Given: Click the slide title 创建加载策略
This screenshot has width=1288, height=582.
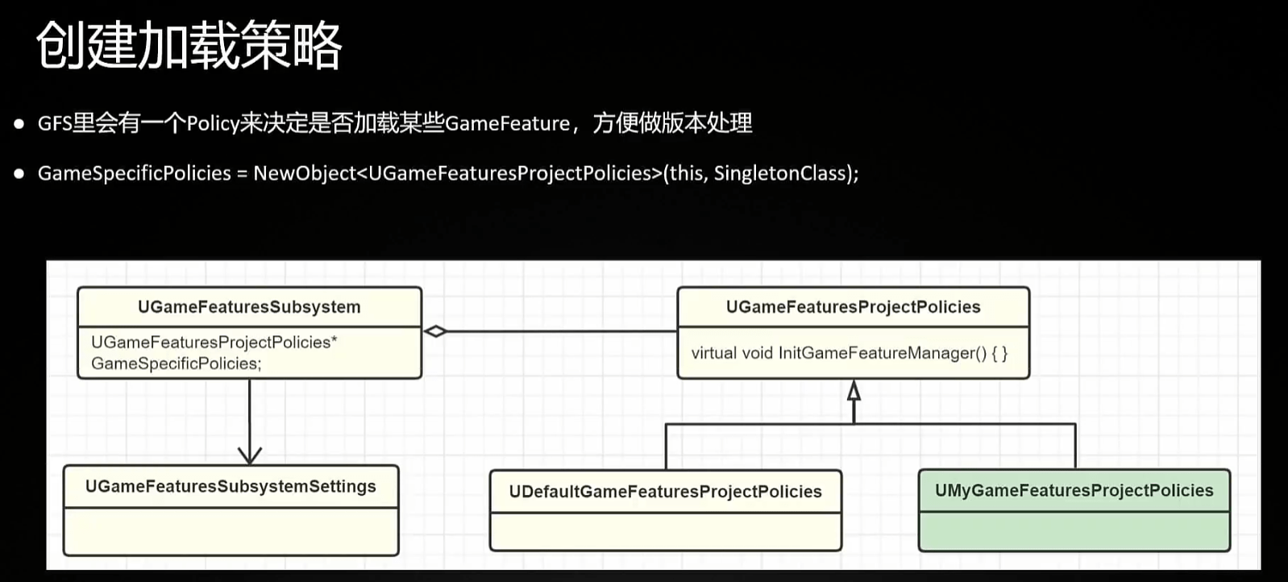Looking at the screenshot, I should [x=189, y=46].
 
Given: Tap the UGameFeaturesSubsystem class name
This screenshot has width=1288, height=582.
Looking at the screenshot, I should [x=249, y=307].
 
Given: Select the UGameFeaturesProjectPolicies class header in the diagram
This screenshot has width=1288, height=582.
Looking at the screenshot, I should [x=853, y=307].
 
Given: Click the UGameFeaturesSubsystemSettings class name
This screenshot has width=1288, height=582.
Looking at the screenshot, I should [x=231, y=487].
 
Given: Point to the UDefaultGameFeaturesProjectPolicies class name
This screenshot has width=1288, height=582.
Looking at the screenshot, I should [x=665, y=492].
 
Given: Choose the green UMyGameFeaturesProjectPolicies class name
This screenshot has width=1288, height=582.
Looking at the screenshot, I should [x=1074, y=491].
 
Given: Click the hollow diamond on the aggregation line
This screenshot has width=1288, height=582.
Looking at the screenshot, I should [x=435, y=331].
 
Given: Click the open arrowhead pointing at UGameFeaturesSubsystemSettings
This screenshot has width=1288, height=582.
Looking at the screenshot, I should [x=250, y=455].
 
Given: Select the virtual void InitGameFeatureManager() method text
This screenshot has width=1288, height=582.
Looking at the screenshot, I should [x=849, y=353].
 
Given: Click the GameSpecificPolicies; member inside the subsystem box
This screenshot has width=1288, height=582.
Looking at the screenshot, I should [x=176, y=364].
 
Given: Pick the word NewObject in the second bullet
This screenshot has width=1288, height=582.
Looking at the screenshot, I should [x=304, y=173].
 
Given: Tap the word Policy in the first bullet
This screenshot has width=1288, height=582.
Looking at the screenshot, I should [x=213, y=123].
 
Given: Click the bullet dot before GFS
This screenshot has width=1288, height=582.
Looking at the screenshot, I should [x=19, y=123].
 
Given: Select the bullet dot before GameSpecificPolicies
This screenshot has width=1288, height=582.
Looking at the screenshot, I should [x=19, y=173].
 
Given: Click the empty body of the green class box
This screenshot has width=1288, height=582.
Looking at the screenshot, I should [x=1074, y=531].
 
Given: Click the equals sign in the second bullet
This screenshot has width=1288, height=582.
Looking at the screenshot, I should [x=242, y=173].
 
